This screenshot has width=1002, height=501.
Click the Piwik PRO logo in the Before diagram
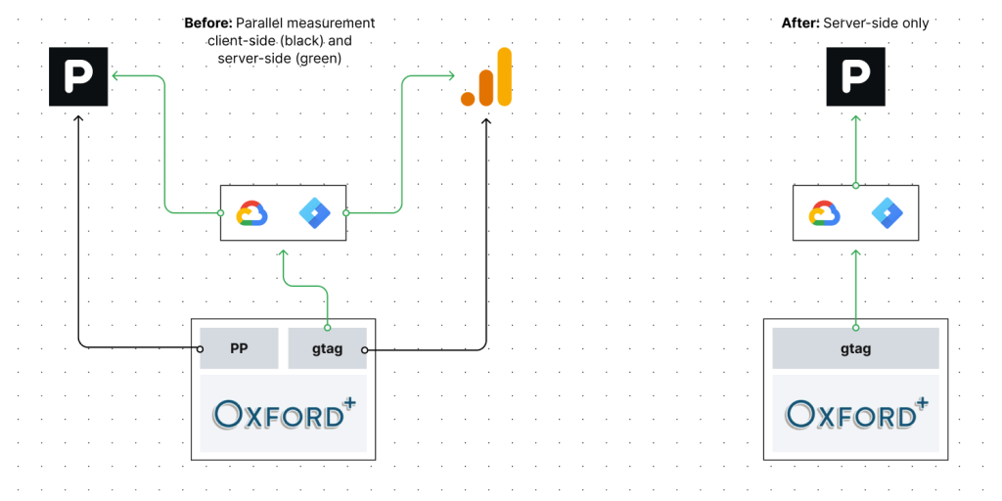[x=78, y=75]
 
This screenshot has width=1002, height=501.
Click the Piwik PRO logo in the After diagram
[x=855, y=75]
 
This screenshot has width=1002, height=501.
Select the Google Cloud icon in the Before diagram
[x=252, y=212]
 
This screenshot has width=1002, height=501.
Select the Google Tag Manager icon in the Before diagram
[x=314, y=212]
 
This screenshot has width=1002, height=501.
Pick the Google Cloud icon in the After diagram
[x=825, y=212]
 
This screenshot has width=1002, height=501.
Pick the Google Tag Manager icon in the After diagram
[x=887, y=212]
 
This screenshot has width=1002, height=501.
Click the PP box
[x=238, y=348]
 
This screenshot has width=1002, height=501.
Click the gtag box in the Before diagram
[x=328, y=348]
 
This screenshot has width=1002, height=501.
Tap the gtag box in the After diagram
[x=855, y=348]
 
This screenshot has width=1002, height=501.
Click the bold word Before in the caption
[x=206, y=23]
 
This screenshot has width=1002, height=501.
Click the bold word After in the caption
[x=799, y=23]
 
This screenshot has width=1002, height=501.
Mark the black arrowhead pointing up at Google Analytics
[x=486, y=119]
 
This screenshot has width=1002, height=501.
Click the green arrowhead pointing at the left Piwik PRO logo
[x=114, y=75]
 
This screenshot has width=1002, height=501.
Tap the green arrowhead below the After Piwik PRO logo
[x=855, y=118]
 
